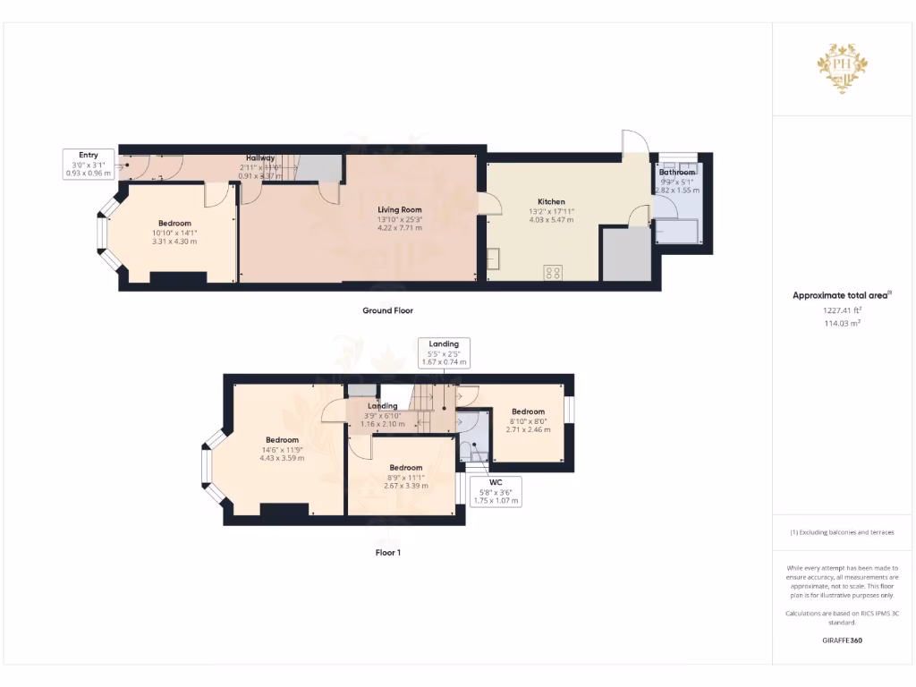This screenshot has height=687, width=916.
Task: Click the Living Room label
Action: click(x=400, y=209)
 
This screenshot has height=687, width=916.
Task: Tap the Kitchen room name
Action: click(x=551, y=202)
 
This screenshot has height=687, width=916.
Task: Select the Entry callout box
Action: click(x=88, y=164)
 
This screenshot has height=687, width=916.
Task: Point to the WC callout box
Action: click(x=496, y=491)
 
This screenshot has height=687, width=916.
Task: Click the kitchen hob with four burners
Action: click(x=553, y=273)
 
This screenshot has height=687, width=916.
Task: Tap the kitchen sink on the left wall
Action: click(x=493, y=259)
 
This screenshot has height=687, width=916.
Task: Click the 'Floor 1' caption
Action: click(x=387, y=553)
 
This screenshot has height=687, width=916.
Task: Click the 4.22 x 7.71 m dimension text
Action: click(x=399, y=228)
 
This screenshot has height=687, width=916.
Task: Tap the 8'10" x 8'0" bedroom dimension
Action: click(x=528, y=421)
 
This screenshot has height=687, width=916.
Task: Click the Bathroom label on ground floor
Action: click(x=676, y=172)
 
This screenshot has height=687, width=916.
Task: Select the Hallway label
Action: click(x=260, y=157)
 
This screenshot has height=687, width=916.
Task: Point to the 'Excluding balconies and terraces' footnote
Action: click(x=842, y=532)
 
